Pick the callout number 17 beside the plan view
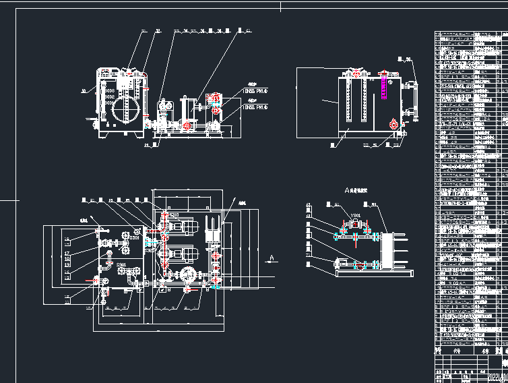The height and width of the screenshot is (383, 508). pos(67,253)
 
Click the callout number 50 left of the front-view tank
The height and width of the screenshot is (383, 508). pos(84,89)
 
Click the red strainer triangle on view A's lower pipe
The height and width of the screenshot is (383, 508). pos(358,266)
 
